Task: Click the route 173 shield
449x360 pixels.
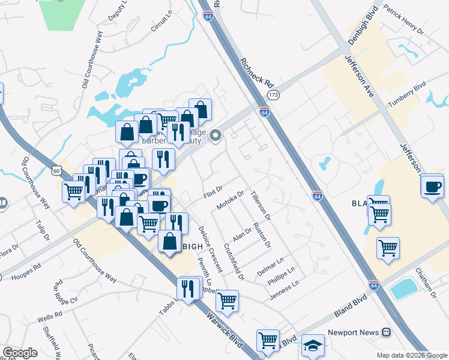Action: [274, 95]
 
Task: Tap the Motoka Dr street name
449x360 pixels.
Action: [231, 200]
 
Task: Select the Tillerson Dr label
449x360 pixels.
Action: [262, 205]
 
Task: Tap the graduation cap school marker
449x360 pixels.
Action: [313, 345]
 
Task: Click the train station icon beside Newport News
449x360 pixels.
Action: [387, 332]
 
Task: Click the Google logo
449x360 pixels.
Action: [20, 353]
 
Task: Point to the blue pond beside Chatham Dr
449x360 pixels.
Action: [404, 289]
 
